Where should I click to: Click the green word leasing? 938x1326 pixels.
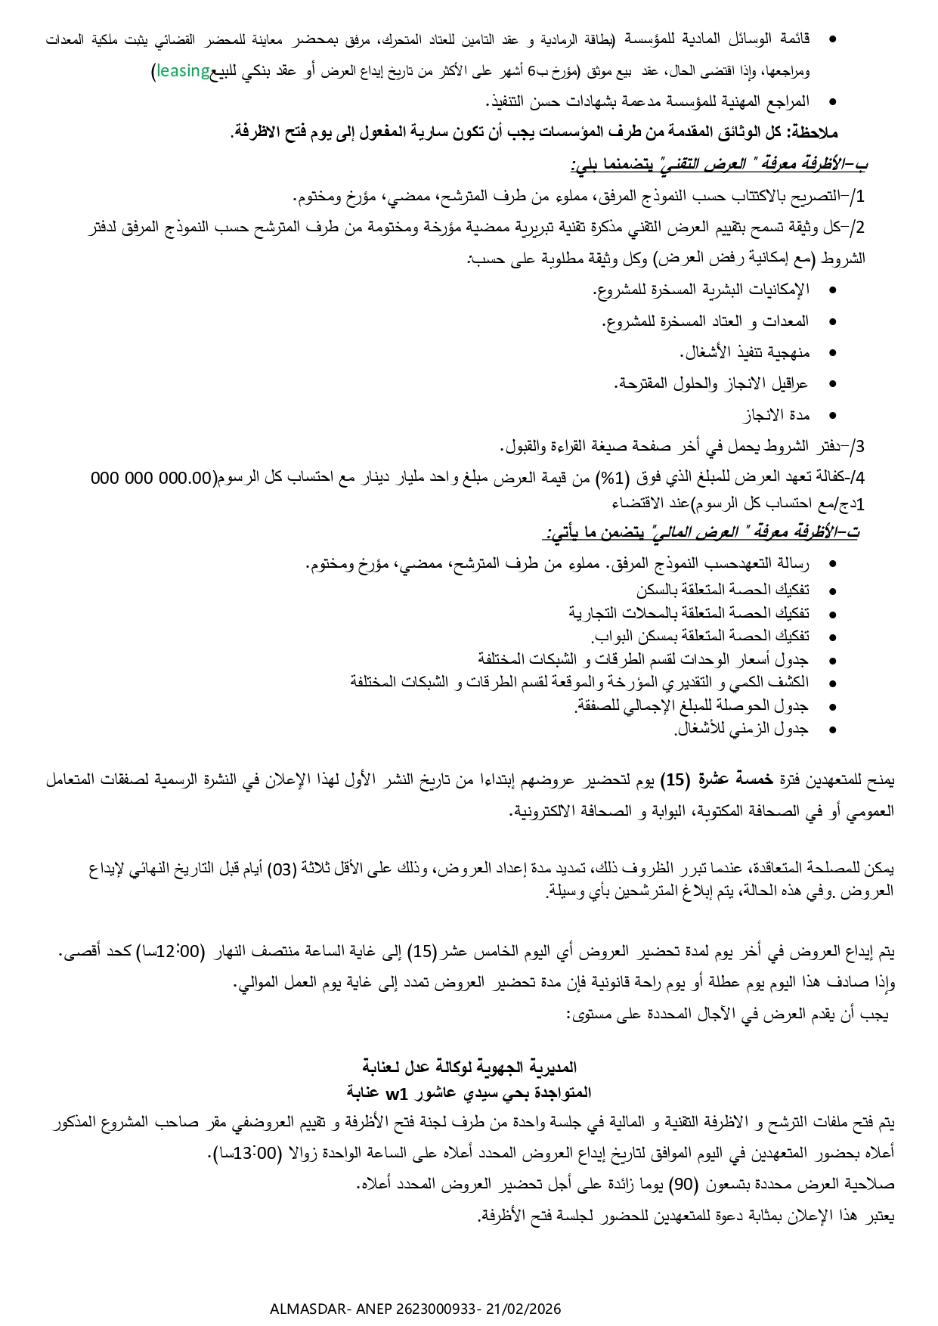point(183,71)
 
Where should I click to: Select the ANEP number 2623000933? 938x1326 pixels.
point(429,1309)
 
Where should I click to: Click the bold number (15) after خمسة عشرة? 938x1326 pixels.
point(674,779)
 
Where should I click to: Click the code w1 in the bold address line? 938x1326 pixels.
point(396,1092)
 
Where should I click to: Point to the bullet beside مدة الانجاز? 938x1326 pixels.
point(833,415)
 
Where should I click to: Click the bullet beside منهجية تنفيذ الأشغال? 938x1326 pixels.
point(833,353)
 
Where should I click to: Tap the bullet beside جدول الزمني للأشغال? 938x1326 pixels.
point(833,730)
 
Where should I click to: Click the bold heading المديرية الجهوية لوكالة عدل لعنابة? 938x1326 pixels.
point(469,1067)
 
